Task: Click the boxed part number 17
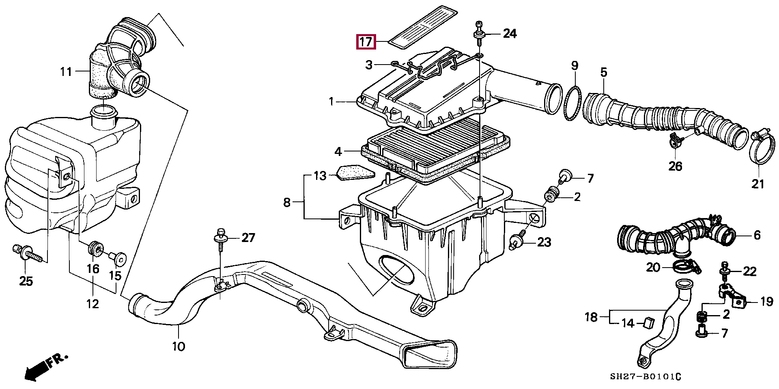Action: tap(366, 41)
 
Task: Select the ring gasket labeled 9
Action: tap(572, 104)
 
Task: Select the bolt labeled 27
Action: tap(221, 237)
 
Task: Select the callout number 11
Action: tap(66, 72)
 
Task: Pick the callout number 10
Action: tap(178, 346)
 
